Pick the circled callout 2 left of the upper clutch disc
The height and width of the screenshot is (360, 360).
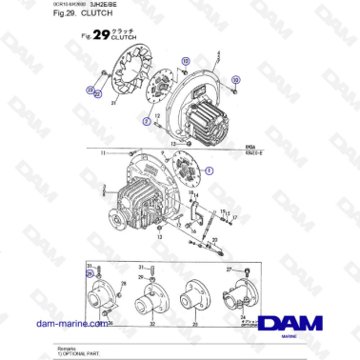(146, 122)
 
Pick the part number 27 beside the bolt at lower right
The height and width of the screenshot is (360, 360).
(230, 270)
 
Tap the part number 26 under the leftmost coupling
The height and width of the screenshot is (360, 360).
(109, 322)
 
